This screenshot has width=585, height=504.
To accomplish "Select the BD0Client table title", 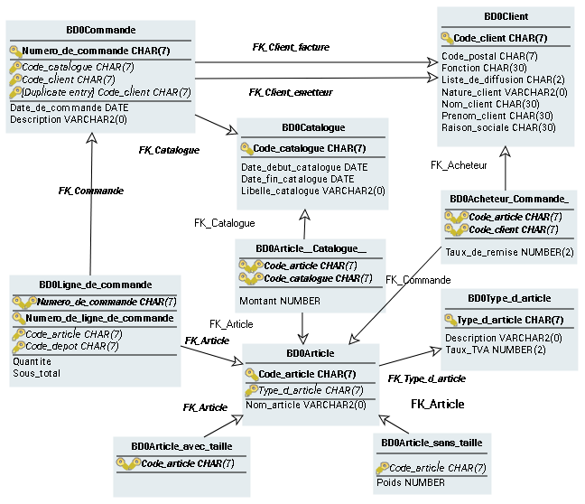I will tap(506, 16).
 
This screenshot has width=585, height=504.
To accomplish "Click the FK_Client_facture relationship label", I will tap(290, 46).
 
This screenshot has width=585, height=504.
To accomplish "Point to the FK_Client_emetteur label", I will tap(291, 92).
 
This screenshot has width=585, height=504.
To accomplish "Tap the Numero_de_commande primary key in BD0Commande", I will tap(96, 51).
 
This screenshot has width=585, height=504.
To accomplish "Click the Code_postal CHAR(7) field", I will tap(489, 56).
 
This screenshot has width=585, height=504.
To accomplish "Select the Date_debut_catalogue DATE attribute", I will tap(304, 167).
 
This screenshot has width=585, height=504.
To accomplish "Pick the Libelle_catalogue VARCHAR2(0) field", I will tap(312, 191).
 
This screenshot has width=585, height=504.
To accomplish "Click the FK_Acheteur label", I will tap(459, 165).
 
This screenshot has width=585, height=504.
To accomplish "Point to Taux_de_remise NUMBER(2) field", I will tap(509, 252).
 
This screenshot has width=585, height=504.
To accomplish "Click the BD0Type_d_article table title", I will tap(509, 298).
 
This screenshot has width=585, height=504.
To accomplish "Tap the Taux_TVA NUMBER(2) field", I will tap(496, 350).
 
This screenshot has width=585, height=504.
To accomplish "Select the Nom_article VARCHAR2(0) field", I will tap(306, 405).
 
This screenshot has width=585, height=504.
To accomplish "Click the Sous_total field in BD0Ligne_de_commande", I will tap(36, 372).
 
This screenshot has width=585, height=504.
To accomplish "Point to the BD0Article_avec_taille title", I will tap(181, 446).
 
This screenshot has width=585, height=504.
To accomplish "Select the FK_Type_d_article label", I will tap(426, 378).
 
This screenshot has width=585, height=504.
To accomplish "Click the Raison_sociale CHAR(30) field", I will tap(498, 127).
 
